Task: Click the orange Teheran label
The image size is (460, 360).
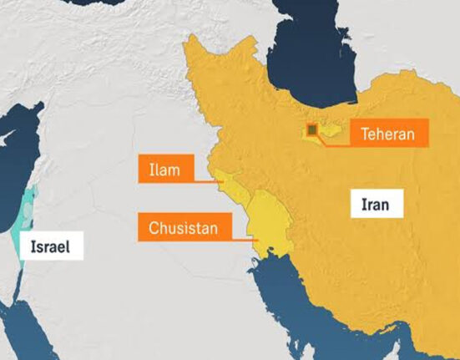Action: pyautogui.click(x=389, y=133)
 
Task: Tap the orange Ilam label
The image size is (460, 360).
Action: pyautogui.click(x=166, y=170)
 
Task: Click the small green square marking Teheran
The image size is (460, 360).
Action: pyautogui.click(x=311, y=130)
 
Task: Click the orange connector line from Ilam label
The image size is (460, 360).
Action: pyautogui.click(x=206, y=180)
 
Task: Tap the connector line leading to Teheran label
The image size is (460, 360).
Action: pyautogui.click(x=332, y=142)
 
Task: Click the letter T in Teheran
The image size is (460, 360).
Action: pyautogui.click(x=366, y=133)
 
